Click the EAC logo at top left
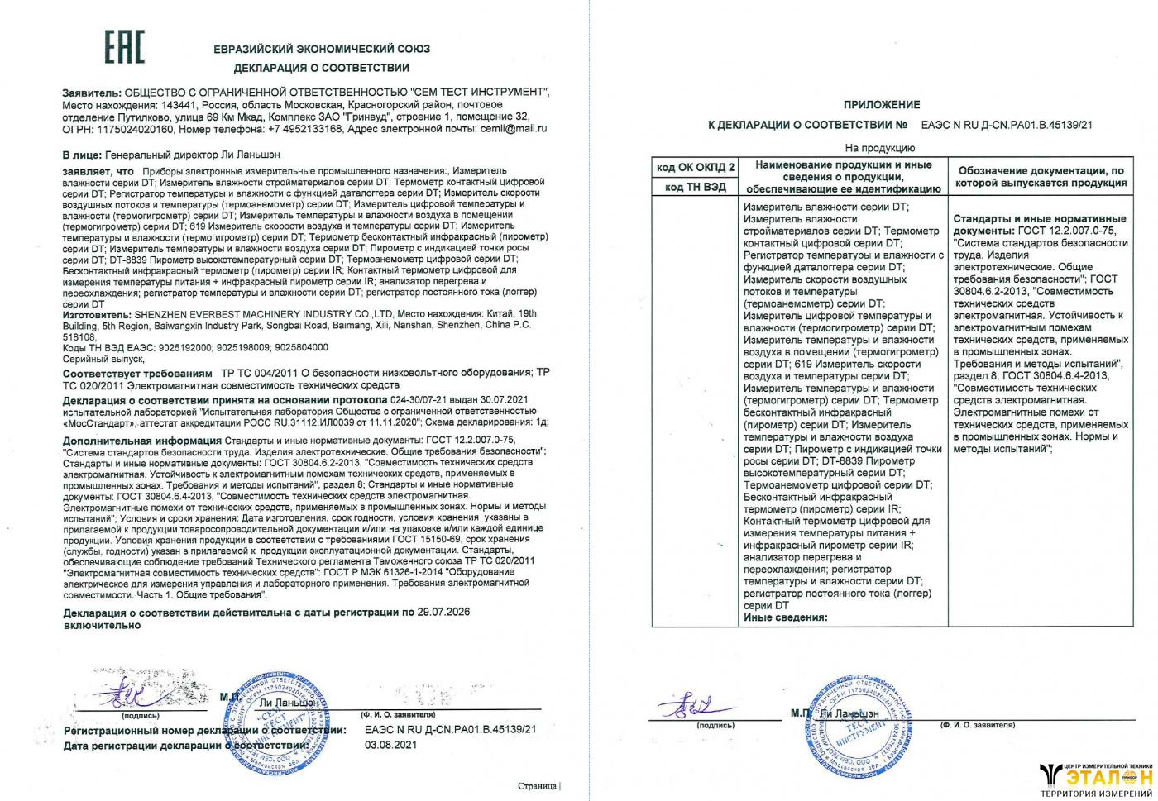[124, 47]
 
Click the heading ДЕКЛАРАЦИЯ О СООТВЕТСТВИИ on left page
[321, 68]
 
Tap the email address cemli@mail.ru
[513, 129]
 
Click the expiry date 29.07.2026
[442, 613]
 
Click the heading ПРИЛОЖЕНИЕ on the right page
[881, 105]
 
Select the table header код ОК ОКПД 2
[695, 168]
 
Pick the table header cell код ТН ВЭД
[695, 187]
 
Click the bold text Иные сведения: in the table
[785, 617]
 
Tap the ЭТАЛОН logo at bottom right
[1095, 778]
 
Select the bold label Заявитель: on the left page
[92, 92]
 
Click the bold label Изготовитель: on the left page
[96, 314]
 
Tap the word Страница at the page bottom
[537, 786]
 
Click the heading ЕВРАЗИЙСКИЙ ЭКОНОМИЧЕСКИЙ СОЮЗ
[321, 49]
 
